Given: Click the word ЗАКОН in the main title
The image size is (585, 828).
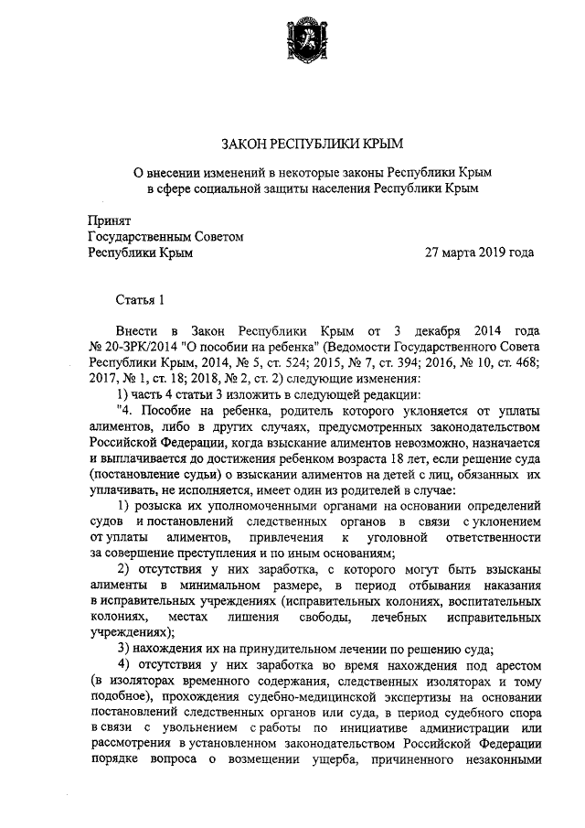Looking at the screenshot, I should pyautogui.click(x=244, y=145).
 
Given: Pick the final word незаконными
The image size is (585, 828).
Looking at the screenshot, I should pyautogui.click(x=493, y=760).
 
